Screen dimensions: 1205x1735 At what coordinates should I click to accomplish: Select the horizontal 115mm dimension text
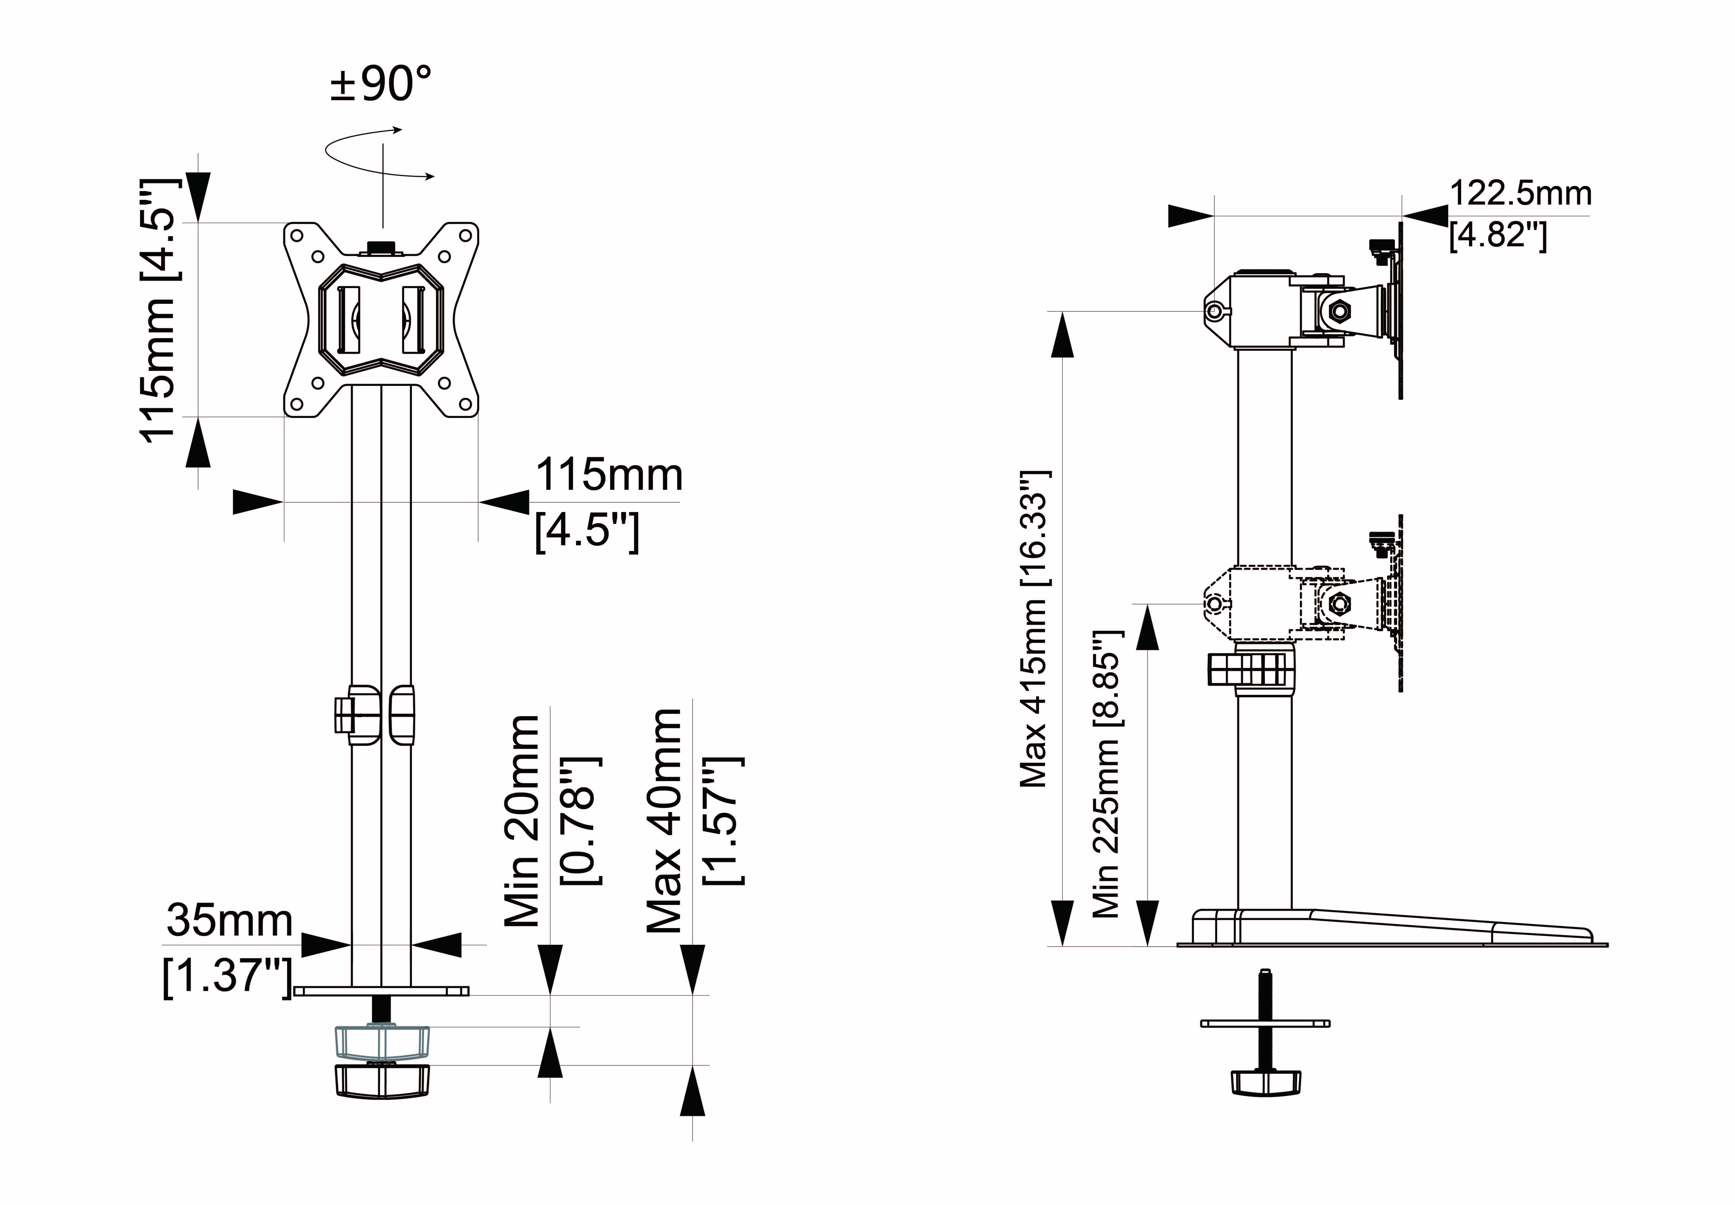pos(609,476)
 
